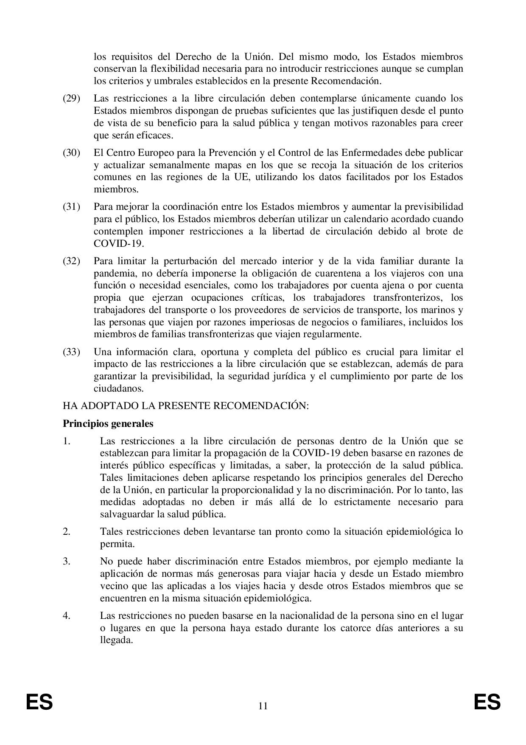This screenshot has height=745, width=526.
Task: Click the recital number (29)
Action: click(71, 99)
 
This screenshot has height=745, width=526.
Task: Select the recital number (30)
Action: click(71, 152)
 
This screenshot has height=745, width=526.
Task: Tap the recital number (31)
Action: click(71, 207)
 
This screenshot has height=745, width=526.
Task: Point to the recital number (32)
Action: click(71, 261)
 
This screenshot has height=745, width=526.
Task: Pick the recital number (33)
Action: click(71, 352)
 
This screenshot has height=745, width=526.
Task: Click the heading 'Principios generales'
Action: click(108, 423)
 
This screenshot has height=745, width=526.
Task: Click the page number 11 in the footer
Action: click(263, 706)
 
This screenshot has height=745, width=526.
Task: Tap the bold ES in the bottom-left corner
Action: click(39, 703)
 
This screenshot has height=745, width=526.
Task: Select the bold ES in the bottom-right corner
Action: click(487, 703)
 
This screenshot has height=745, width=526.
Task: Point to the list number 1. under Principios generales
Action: click(66, 441)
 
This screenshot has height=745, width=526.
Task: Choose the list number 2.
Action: click(66, 531)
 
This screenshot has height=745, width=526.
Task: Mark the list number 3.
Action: click(66, 562)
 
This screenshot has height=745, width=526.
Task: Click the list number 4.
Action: click(66, 615)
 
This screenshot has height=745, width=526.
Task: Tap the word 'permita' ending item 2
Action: click(116, 544)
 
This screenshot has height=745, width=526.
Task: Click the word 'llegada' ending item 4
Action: click(115, 640)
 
